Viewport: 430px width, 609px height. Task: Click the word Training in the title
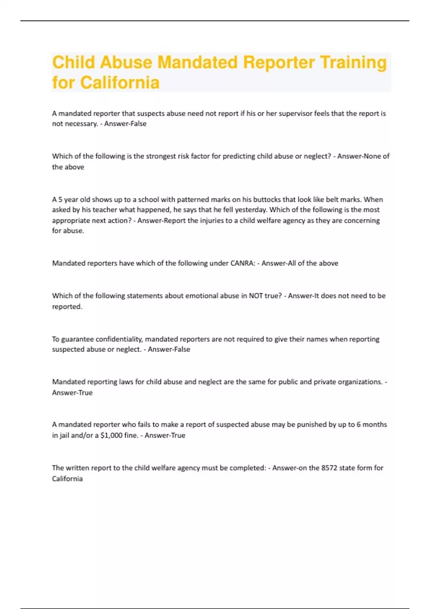point(353,62)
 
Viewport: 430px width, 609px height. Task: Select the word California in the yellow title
point(120,83)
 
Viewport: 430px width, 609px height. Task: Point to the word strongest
point(159,156)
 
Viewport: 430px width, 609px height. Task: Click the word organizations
point(360,382)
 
